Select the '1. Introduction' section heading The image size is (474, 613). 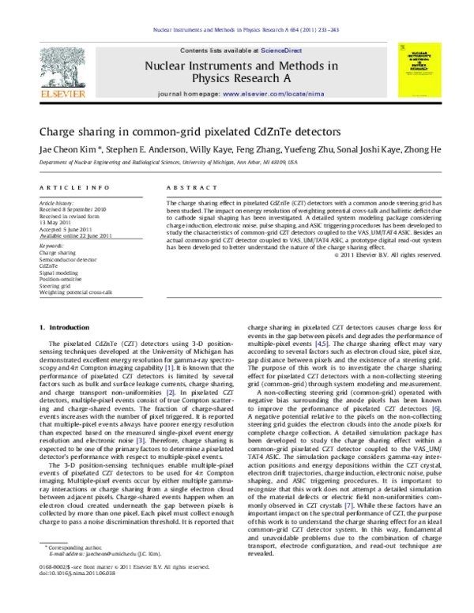64,326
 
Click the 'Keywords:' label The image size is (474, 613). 51,246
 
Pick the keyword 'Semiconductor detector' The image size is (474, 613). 68,260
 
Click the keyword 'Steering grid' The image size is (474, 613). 55,285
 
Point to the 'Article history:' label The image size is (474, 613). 57,203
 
